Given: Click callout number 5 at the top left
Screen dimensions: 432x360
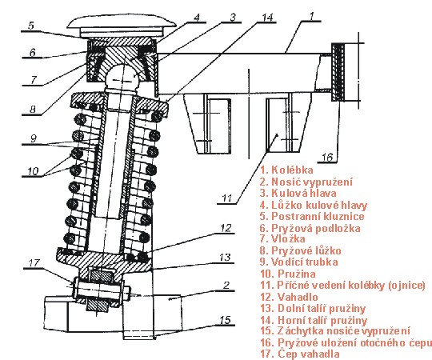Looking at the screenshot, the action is [x=31, y=26].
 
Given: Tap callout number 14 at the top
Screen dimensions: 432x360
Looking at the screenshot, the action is [x=267, y=17].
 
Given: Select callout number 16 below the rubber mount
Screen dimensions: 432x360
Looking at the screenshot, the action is [x=327, y=158].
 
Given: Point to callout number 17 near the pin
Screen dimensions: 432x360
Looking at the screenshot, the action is [x=34, y=262].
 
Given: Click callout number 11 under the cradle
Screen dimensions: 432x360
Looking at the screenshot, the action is [x=227, y=198].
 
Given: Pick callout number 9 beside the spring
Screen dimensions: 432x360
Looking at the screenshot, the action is [x=33, y=138].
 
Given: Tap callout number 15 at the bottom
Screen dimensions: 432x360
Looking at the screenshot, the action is [x=225, y=320].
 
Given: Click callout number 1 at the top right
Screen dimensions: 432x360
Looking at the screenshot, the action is [x=311, y=16].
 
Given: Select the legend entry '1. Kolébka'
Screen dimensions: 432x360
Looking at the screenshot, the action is [x=287, y=170].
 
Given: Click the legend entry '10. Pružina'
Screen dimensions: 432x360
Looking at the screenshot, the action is [x=288, y=274].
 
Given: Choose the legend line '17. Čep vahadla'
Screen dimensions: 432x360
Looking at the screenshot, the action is [x=300, y=354].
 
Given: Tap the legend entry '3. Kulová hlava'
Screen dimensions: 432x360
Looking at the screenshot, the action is [x=298, y=193].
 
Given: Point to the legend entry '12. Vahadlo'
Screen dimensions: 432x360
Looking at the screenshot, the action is [x=289, y=297].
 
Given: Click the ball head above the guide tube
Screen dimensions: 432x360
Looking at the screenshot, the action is [x=122, y=76].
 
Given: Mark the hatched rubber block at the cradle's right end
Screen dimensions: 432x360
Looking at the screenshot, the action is [x=338, y=72].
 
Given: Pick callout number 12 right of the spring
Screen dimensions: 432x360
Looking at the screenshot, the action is [x=226, y=228].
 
